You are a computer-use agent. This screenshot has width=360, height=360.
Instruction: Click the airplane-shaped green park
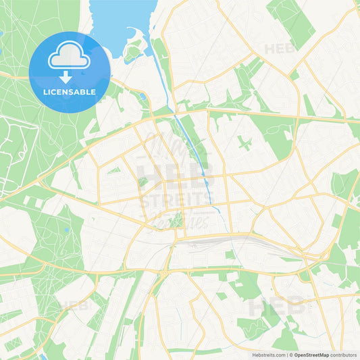(x=245, y=144)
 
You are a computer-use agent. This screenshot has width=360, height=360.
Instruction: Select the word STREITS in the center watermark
(x=175, y=200)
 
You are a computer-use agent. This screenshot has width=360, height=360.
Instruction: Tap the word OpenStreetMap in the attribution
(x=311, y=354)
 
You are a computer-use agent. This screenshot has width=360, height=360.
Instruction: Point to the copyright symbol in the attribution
(x=290, y=354)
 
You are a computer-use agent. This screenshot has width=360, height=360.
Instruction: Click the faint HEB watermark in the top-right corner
(x=280, y=49)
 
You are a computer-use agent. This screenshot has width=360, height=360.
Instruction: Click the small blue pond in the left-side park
(x=66, y=230)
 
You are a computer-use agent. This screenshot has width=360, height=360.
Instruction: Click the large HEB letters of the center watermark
(x=175, y=172)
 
